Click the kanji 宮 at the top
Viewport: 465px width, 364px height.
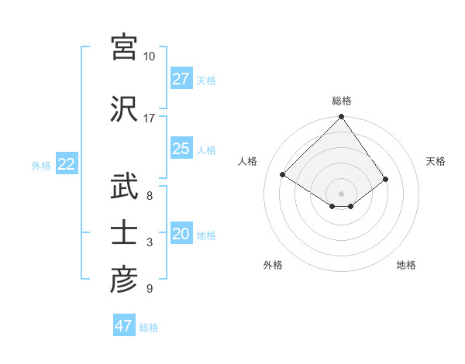[125, 47]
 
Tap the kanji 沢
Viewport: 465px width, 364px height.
[125, 109]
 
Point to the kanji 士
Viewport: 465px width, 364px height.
[125, 234]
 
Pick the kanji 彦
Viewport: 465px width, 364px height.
[125, 280]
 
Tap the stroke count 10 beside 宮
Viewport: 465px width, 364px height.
[149, 57]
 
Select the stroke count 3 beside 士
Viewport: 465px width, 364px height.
[150, 243]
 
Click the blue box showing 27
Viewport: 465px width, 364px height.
[181, 78]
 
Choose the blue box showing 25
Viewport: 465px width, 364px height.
[181, 149]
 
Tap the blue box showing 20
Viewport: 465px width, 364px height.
[181, 234]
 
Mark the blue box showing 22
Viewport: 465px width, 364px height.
[66, 164]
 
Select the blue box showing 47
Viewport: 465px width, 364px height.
[123, 326]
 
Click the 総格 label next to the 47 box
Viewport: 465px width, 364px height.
[149, 328]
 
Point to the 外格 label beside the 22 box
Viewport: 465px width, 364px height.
[40, 165]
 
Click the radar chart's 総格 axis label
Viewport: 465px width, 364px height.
[341, 101]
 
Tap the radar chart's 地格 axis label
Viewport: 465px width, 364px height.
[406, 266]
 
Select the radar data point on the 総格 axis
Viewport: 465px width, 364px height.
[341, 117]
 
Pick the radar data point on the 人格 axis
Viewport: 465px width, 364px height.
[283, 175]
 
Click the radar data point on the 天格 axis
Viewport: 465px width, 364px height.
[386, 179]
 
